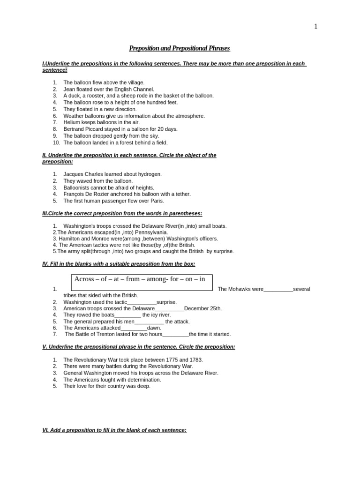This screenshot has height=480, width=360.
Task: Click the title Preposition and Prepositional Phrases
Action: tap(180, 48)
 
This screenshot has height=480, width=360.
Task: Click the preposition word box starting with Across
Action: tap(142, 279)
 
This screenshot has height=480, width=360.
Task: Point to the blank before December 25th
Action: tap(169, 309)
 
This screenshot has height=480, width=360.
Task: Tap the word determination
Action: tap(142, 380)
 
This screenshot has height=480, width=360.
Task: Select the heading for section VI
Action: tap(114, 430)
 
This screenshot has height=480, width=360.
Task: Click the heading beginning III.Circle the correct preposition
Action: tap(122, 214)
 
